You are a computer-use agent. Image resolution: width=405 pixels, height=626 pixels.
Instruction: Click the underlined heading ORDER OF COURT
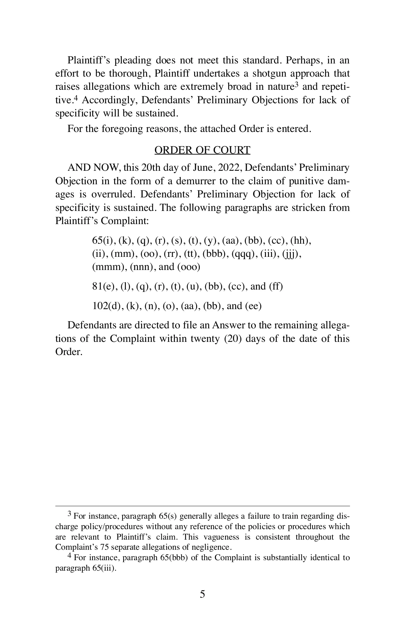pos(202,150)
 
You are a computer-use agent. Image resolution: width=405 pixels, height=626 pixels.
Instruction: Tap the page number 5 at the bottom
pos(202,594)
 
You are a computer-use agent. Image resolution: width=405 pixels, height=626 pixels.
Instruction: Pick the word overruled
pos(113,194)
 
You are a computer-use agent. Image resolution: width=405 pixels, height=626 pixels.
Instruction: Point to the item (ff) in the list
pos(276,287)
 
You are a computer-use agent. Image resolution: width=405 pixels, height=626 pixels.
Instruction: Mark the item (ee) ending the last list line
pos(253,306)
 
